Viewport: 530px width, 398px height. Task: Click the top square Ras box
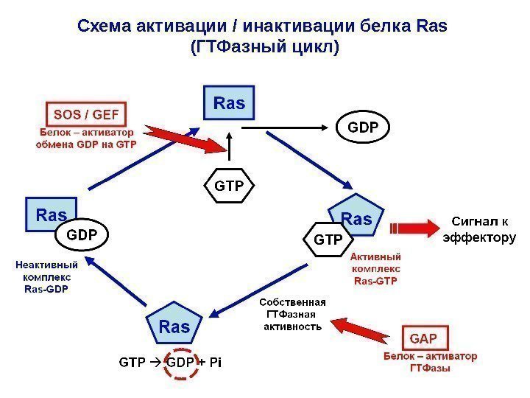click(229, 102)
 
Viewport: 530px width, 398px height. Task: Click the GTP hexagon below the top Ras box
click(228, 186)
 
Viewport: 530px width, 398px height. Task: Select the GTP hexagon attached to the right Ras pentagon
click(328, 240)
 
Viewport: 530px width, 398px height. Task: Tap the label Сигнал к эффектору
click(478, 228)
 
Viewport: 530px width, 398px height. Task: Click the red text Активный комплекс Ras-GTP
click(375, 269)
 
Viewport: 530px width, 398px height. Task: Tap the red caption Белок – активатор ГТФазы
click(428, 362)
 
